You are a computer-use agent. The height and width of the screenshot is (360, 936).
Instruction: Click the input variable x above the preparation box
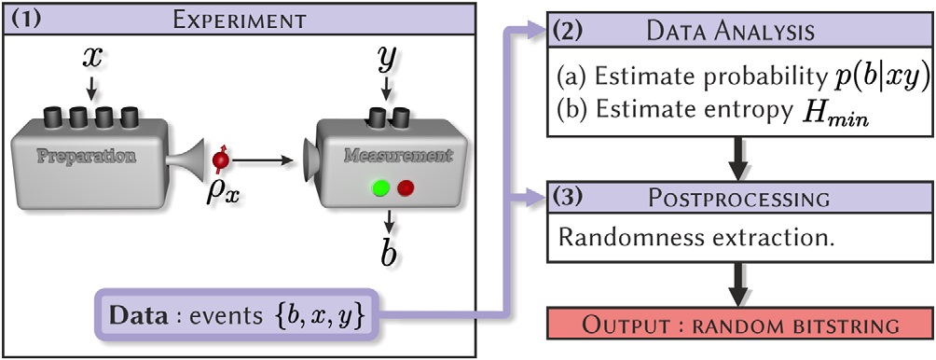point(91,58)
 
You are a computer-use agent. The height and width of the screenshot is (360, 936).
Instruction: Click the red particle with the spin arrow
point(221,159)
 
